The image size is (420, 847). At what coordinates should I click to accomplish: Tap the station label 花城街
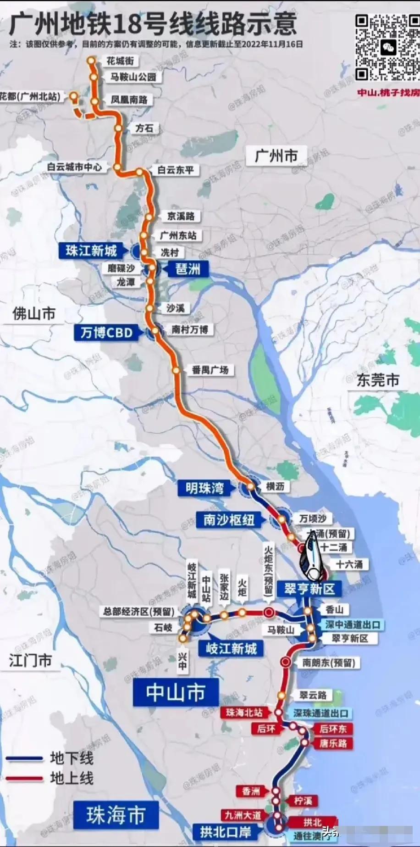pyautogui.click(x=120, y=61)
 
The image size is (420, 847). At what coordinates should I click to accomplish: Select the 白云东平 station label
pyautogui.click(x=176, y=170)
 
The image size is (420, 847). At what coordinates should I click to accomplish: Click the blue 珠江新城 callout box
pyautogui.click(x=91, y=251)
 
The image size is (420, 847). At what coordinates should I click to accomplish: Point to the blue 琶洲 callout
pyautogui.click(x=188, y=269)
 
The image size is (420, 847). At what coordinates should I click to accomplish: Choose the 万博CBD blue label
pyautogui.click(x=106, y=333)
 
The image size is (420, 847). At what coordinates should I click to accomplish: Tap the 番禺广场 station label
pyautogui.click(x=210, y=370)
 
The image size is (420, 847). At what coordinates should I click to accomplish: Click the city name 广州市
pyautogui.click(x=276, y=156)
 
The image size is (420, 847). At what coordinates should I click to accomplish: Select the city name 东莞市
pyautogui.click(x=378, y=380)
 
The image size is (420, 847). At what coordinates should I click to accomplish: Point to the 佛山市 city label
pyautogui.click(x=34, y=314)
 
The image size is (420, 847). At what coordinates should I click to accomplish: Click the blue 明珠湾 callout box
pyautogui.click(x=205, y=488)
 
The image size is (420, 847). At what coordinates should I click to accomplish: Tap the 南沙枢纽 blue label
pyautogui.click(x=229, y=520)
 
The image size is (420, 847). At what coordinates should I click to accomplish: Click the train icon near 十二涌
pyautogui.click(x=313, y=559)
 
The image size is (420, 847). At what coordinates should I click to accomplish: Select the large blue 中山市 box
pyautogui.click(x=176, y=692)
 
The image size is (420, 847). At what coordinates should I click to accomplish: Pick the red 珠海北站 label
pyautogui.click(x=244, y=713)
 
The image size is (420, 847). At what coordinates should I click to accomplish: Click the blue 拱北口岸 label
pyautogui.click(x=226, y=831)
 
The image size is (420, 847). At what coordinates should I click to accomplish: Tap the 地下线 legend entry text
pyautogui.click(x=72, y=758)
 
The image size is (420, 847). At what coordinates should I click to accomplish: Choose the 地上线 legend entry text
pyautogui.click(x=72, y=778)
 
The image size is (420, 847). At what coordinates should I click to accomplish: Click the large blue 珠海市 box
pyautogui.click(x=116, y=815)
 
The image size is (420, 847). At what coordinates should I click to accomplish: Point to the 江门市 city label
pyautogui.click(x=30, y=661)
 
